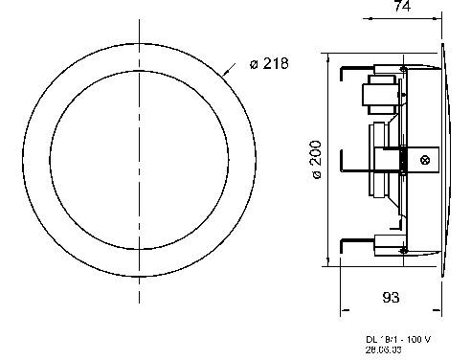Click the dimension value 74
(x=402, y=9)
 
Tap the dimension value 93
(x=392, y=298)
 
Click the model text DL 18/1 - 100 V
(x=397, y=339)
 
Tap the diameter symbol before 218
(x=254, y=63)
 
